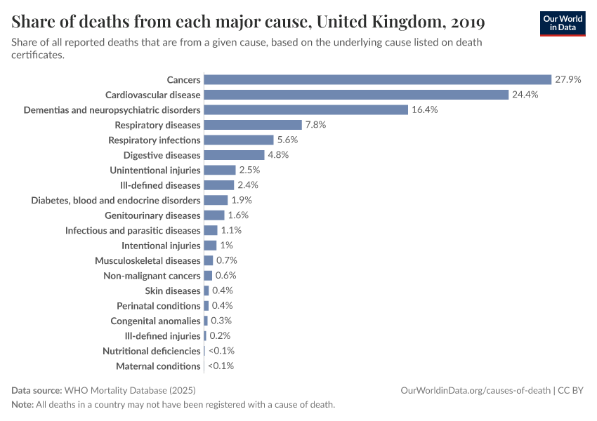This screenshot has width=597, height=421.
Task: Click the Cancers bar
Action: pyautogui.click(x=377, y=79)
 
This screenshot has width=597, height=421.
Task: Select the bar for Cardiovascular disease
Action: pyautogui.click(x=355, y=95)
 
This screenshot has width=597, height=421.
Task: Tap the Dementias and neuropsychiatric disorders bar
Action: pyautogui.click(x=306, y=109)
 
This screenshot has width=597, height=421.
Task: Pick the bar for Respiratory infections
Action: pyautogui.click(x=238, y=140)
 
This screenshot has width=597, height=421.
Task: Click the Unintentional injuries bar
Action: pyautogui.click(x=219, y=171)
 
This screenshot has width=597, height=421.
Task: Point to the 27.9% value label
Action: pyautogui.click(x=568, y=79)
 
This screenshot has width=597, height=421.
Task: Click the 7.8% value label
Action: pyautogui.click(x=315, y=125)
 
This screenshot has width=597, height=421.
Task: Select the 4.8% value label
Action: pyautogui.click(x=278, y=155)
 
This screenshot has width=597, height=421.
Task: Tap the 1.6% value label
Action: pyautogui.click(x=238, y=215)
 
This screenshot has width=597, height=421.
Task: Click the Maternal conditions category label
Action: pyautogui.click(x=158, y=366)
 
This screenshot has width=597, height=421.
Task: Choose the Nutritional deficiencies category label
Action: pyautogui.click(x=152, y=351)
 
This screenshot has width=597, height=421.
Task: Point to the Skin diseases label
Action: pyautogui.click(x=173, y=290)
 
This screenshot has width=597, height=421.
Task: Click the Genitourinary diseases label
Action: pyautogui.click(x=152, y=215)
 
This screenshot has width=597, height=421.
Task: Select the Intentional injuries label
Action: pyautogui.click(x=161, y=246)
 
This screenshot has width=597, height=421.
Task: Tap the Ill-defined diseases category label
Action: pyautogui.click(x=160, y=185)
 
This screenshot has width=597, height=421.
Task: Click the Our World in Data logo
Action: pyautogui.click(x=563, y=23)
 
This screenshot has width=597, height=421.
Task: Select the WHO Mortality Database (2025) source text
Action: pyautogui.click(x=130, y=390)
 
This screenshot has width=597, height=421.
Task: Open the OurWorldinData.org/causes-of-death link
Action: pyautogui.click(x=475, y=390)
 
